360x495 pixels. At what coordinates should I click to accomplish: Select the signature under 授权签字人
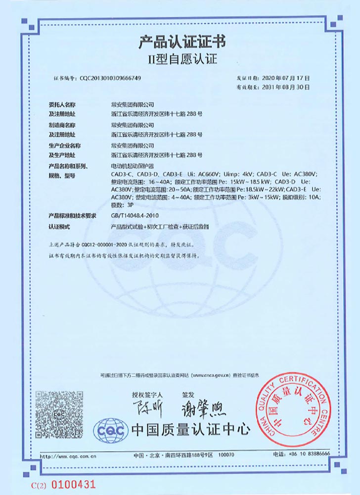pos(144,408)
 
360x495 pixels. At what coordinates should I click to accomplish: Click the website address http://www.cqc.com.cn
pos(68,454)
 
